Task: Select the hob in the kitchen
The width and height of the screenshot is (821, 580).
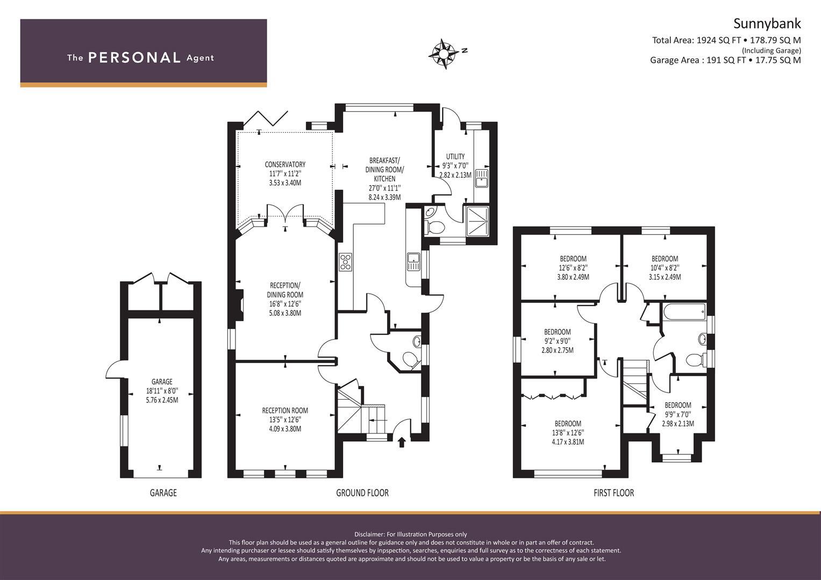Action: click(345, 262)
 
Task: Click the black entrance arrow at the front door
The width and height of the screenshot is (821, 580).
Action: click(401, 442)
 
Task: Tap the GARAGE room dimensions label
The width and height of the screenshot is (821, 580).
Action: click(162, 391)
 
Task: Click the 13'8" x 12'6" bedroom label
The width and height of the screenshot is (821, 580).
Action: click(568, 433)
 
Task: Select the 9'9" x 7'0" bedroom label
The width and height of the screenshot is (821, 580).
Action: click(677, 414)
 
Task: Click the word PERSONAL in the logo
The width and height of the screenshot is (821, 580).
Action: click(134, 58)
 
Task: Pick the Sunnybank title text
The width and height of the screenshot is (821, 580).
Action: click(767, 24)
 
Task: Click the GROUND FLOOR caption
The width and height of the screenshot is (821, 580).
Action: click(362, 492)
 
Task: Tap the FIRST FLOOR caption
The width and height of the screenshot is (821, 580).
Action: click(613, 492)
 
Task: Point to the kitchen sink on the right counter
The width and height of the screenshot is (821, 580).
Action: click(413, 262)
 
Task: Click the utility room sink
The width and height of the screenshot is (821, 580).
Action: click(481, 178)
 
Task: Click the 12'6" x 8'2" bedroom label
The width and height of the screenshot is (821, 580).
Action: click(573, 268)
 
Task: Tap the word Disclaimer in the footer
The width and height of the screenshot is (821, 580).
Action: click(370, 534)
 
